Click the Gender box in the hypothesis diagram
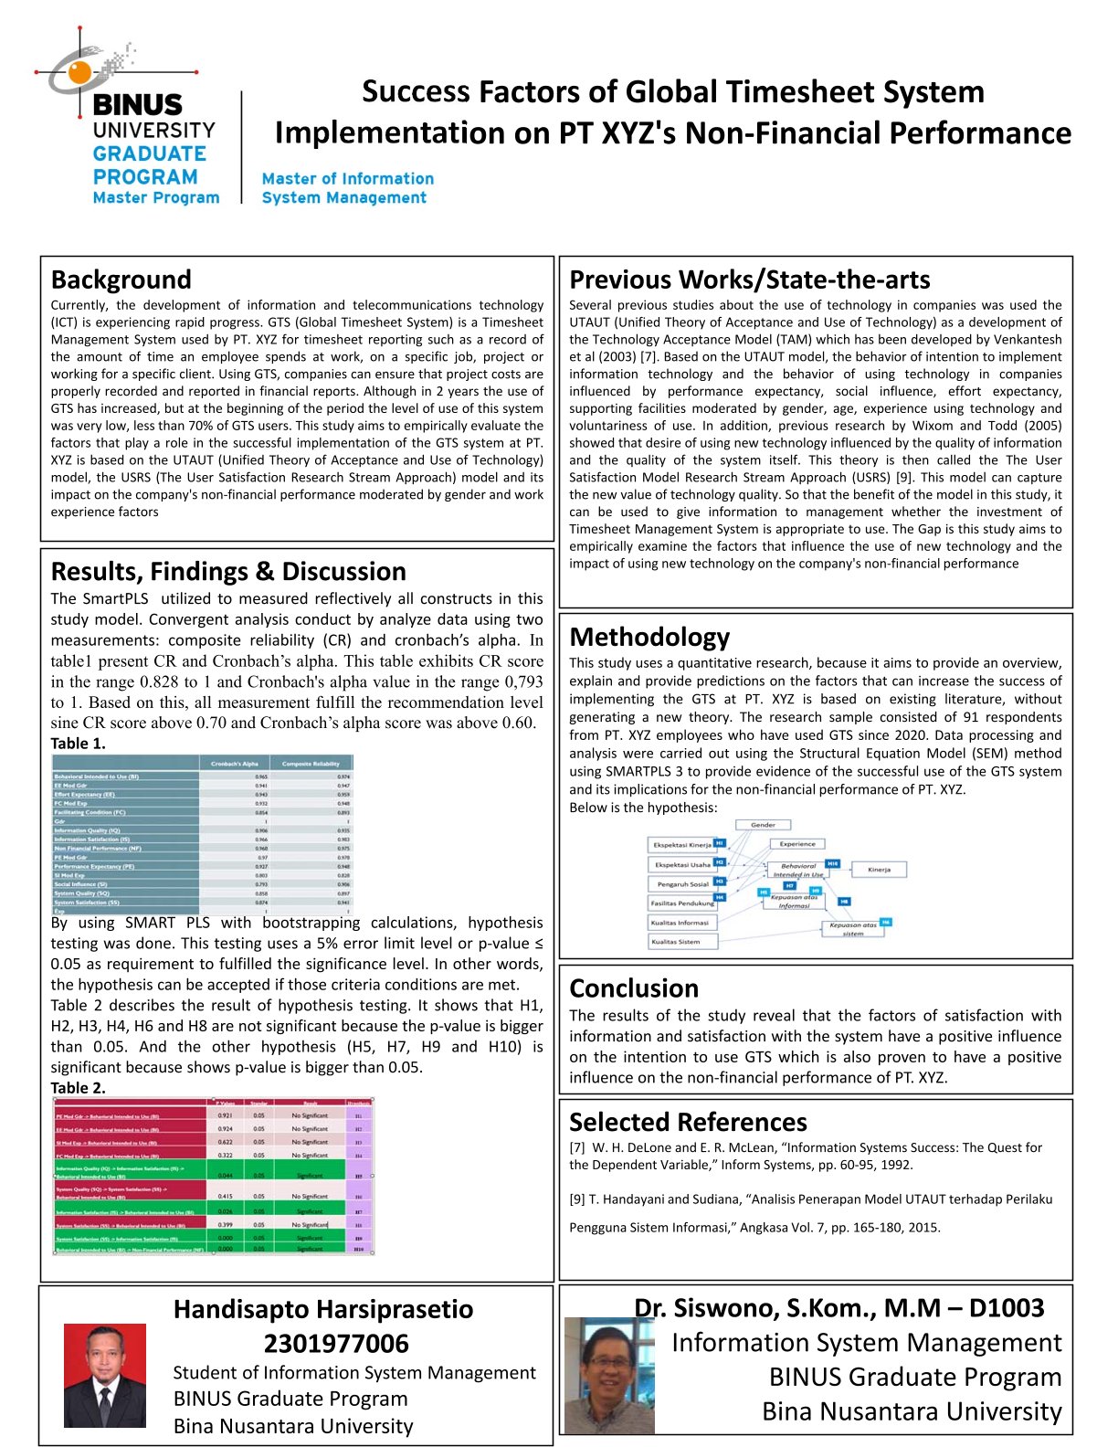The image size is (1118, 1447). point(763,825)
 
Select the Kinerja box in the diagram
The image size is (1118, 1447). point(879,870)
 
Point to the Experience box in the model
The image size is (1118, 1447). point(797,844)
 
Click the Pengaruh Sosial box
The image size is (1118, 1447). point(682,884)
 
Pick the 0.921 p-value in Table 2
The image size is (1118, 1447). point(225,1115)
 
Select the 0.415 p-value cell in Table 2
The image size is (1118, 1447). point(225,1196)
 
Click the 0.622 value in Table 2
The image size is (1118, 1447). point(225,1142)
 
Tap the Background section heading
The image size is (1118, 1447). point(121,280)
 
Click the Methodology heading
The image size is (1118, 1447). point(649,637)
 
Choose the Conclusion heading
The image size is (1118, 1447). point(634,988)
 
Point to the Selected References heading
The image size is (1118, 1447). point(688,1122)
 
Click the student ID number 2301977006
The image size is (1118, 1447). point(336,1344)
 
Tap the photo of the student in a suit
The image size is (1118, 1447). point(104,1376)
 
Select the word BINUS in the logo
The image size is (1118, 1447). point(138,105)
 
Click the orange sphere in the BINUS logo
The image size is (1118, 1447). point(79,73)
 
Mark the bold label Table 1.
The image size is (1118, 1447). point(78,744)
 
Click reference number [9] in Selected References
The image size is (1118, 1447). point(576,1199)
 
